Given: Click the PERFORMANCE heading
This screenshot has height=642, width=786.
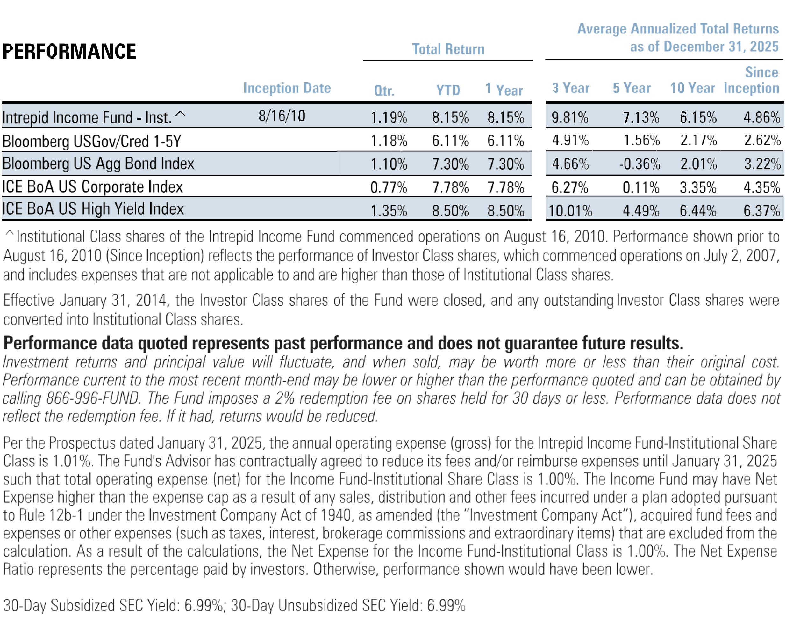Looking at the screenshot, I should click(69, 51).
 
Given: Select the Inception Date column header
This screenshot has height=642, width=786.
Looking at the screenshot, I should click(287, 88).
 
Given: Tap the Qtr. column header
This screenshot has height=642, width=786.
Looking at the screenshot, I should click(384, 91).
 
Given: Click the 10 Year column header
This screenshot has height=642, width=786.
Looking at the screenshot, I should click(692, 88).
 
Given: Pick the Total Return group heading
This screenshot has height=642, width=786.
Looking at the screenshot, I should click(448, 49).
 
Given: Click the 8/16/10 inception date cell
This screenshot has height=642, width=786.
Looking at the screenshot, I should click(282, 116).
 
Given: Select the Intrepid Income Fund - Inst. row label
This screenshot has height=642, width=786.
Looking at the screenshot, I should click(87, 118).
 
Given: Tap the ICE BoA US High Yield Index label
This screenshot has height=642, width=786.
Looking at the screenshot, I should click(93, 209).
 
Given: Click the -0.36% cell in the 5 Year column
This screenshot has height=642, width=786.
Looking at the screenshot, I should click(640, 164).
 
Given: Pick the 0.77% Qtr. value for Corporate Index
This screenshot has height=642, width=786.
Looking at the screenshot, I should click(389, 187).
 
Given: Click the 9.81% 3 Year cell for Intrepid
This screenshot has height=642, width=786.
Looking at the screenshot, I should click(570, 118).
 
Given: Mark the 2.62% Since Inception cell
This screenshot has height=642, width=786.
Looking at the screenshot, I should click(762, 141).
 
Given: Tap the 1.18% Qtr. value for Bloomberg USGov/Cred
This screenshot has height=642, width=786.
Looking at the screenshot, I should click(389, 141).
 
